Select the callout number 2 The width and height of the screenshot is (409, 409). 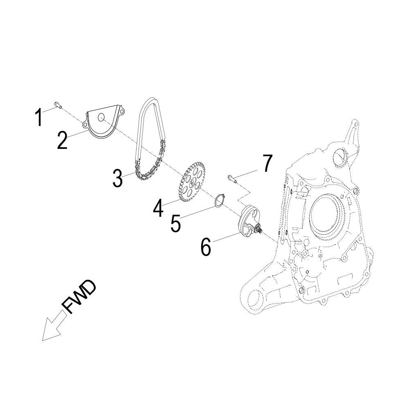pyautogui.click(x=62, y=140)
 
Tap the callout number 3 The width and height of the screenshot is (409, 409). pyautogui.click(x=117, y=178)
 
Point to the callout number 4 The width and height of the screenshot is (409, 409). pyautogui.click(x=158, y=208)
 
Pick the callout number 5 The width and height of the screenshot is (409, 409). pyautogui.click(x=175, y=223)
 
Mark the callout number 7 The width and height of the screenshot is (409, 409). pyautogui.click(x=267, y=164)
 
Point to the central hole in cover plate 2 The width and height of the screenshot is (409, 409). pyautogui.click(x=102, y=118)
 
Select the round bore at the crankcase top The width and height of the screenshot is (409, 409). pyautogui.click(x=341, y=157)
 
